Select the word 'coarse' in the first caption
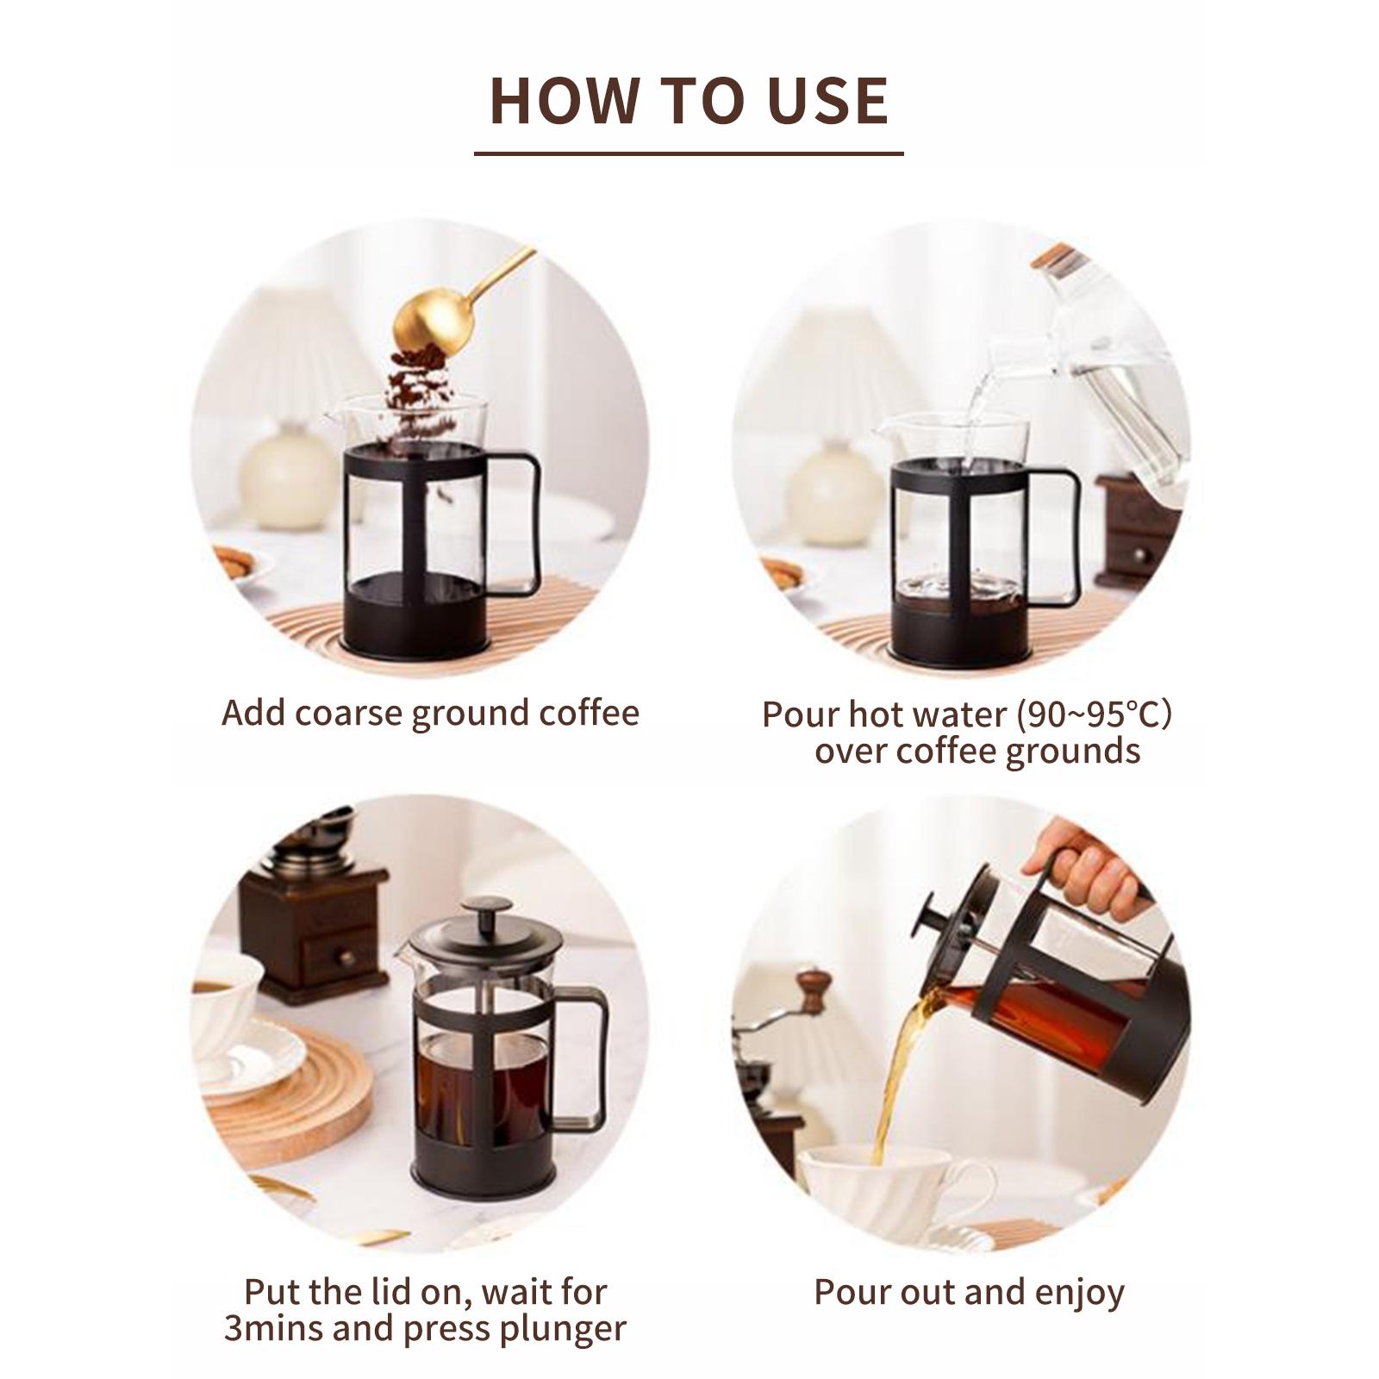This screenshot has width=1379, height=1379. pos(351,714)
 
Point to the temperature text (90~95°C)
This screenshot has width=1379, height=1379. pos(1095,714)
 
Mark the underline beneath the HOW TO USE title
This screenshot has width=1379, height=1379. pos(689,153)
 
